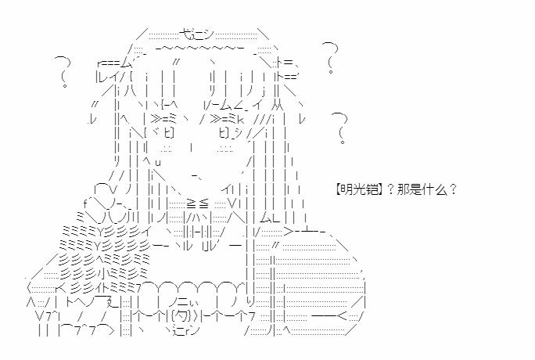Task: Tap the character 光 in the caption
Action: coord(359,189)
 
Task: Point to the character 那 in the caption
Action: coord(404,189)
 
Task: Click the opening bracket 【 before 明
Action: coord(338,189)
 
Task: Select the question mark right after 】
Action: coord(391,189)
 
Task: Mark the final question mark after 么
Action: coord(453,189)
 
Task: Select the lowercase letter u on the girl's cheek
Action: coord(157,162)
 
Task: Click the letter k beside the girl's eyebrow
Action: coord(240,120)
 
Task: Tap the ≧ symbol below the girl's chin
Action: coord(192,203)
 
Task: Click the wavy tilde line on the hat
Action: coord(200,49)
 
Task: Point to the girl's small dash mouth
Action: coord(196,176)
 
